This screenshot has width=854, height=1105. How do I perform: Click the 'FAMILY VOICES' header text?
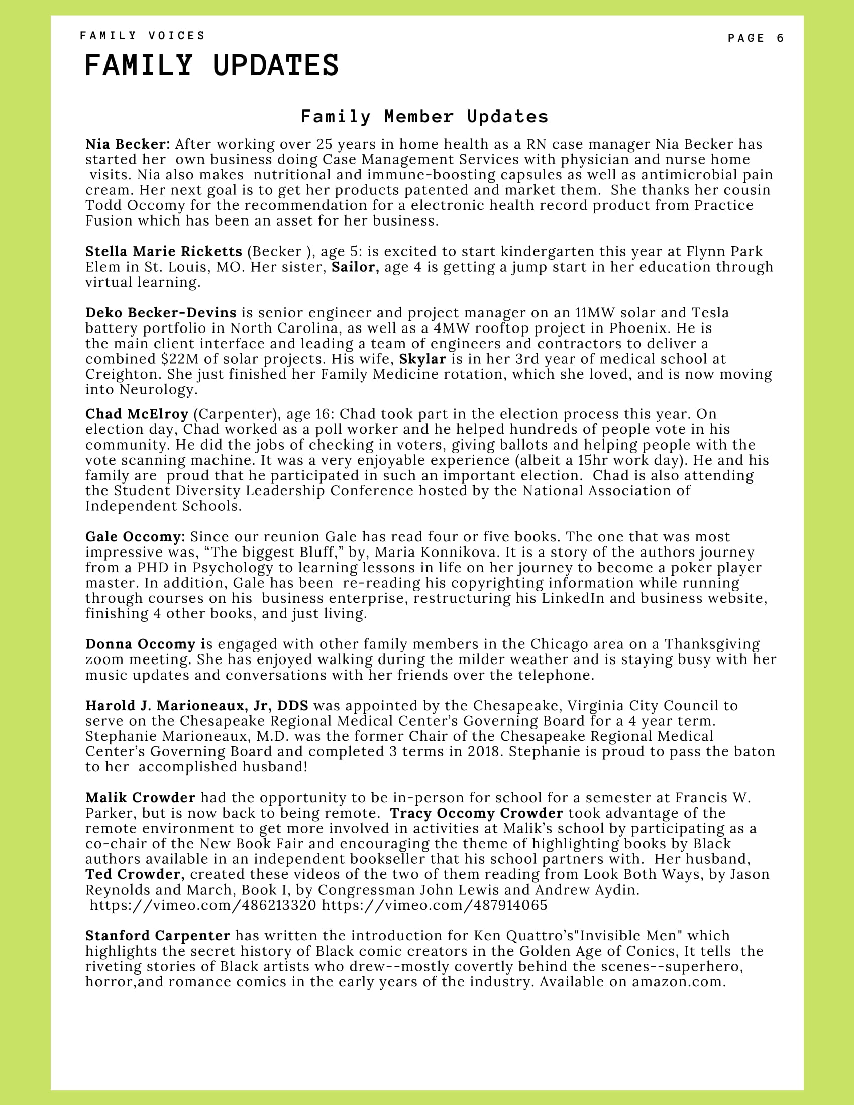142,36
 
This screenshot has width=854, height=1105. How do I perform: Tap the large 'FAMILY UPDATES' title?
211,66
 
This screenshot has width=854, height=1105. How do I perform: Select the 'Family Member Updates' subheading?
424,117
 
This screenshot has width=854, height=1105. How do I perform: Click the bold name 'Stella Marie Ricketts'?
164,251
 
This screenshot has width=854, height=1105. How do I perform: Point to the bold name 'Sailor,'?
355,267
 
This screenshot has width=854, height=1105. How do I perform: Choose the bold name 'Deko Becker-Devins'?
161,313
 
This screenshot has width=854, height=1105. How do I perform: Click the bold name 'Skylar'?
422,359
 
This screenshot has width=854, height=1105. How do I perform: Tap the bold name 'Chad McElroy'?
137,414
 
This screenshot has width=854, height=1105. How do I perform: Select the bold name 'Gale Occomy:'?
135,536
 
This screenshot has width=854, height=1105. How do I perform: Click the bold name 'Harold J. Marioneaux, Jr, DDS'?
197,705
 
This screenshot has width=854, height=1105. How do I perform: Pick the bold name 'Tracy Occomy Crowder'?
476,813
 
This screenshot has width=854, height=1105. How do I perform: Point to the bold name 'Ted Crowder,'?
135,874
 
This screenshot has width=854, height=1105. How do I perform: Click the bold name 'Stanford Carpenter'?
157,936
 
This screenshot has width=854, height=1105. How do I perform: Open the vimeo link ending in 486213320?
203,905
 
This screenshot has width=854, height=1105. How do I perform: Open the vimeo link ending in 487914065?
435,905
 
